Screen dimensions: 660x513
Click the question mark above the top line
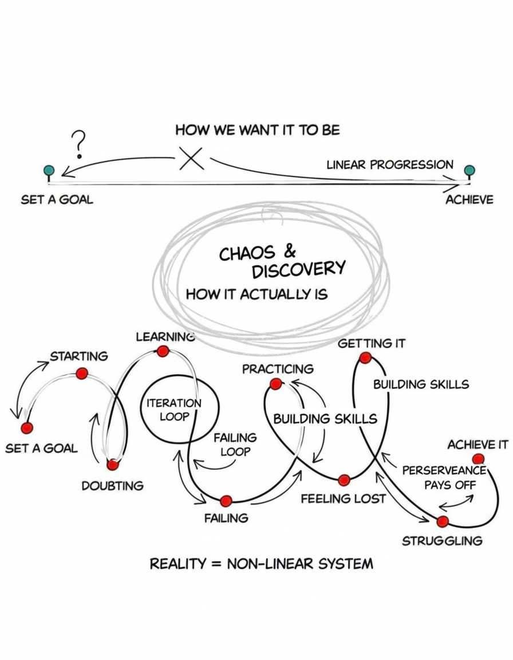80,143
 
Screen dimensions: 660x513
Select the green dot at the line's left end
49,170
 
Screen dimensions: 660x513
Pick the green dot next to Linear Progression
469,170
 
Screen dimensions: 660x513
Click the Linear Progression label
390,165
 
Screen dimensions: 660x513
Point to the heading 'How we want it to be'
257,130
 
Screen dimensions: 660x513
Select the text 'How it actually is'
256,294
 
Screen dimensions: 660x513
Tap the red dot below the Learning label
163,351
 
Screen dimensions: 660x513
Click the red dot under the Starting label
81,374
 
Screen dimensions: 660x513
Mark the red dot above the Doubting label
113,465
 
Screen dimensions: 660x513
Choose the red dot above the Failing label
226,501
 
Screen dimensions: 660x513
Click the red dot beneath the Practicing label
276,384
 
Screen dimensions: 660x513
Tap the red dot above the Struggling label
443,522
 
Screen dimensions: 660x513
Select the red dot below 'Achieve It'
479,458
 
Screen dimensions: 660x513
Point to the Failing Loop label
235,445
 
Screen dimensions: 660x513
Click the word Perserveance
444,470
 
